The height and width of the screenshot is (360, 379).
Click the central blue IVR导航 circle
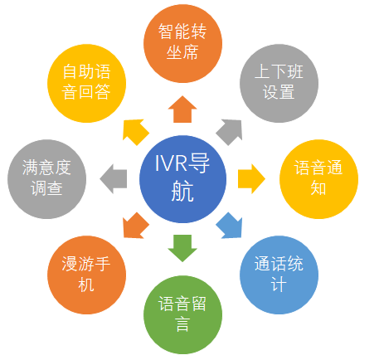point(182,179)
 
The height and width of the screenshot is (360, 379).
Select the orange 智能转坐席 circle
point(182,43)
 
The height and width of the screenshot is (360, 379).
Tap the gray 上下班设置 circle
point(279,83)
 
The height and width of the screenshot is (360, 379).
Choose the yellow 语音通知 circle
point(318,179)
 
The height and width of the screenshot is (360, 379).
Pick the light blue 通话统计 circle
point(279,275)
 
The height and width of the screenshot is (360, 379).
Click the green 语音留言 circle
point(182,314)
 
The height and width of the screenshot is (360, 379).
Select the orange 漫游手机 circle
point(87,275)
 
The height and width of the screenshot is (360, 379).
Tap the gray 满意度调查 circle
point(46,179)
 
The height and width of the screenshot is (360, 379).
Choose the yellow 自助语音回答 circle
point(87,83)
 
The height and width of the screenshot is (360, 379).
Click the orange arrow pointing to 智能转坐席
point(182,110)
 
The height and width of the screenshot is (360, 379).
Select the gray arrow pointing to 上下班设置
point(230,132)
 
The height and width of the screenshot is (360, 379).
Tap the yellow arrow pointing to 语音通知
point(251,179)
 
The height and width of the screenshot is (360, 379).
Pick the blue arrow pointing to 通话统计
point(230,226)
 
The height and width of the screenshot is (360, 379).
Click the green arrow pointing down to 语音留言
point(182,248)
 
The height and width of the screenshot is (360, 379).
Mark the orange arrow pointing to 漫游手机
point(135,226)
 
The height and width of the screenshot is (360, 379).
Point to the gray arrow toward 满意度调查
point(114,179)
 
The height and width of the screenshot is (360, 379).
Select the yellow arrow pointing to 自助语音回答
point(135,132)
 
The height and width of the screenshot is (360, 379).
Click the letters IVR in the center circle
point(171,163)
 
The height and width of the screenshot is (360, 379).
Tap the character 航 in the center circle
point(182,191)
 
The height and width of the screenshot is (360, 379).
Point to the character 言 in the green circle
point(182,324)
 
